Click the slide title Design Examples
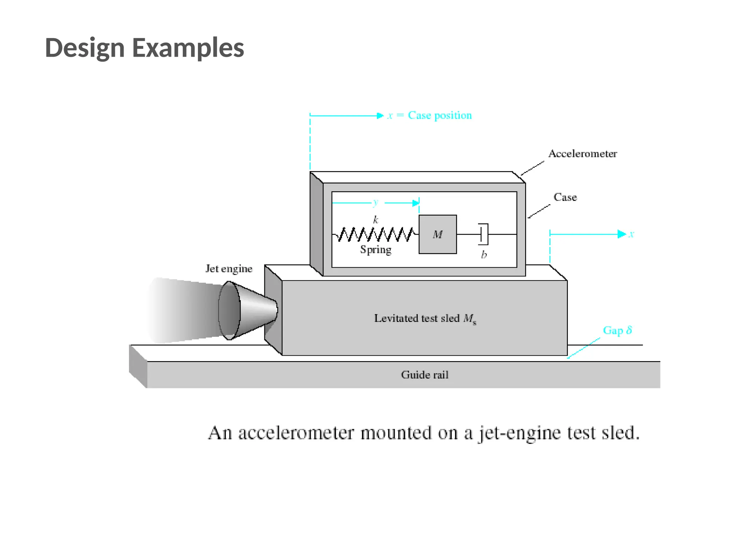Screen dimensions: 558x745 [x=144, y=48]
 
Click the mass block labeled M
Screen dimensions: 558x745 [x=438, y=234]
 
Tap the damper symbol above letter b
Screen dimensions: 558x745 [x=483, y=234]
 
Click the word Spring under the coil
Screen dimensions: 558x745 [x=376, y=250]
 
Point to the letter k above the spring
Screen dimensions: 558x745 [x=376, y=220]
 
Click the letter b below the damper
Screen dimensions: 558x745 [x=484, y=255]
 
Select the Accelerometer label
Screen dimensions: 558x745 [x=582, y=154]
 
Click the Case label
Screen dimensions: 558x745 [x=565, y=197]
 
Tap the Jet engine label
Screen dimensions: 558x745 [x=229, y=268]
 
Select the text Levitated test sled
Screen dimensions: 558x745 [x=417, y=318]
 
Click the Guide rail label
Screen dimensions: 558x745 [x=425, y=375]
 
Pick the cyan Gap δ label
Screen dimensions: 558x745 [x=617, y=330]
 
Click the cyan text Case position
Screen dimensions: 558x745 [x=439, y=115]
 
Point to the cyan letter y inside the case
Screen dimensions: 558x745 [x=376, y=202]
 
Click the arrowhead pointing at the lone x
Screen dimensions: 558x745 [x=622, y=234]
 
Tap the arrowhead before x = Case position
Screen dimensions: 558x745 [x=380, y=116]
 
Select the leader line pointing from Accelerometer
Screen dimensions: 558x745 [x=532, y=168]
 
